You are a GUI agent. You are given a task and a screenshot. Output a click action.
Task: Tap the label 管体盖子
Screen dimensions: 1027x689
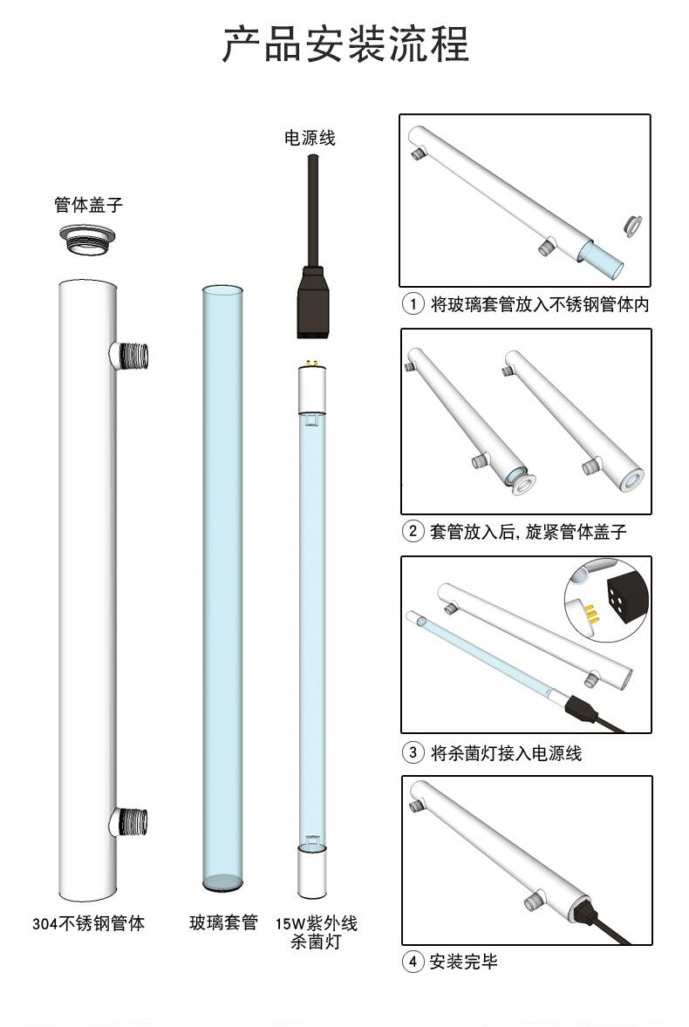(x=88, y=206)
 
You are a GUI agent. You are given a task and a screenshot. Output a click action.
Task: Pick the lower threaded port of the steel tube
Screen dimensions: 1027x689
(x=130, y=821)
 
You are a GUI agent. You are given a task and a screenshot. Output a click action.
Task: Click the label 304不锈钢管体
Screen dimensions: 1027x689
(x=88, y=923)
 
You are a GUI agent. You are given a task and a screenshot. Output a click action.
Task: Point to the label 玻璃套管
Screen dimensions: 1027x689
(x=224, y=923)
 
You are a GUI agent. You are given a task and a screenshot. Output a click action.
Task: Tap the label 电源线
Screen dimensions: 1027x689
(x=310, y=138)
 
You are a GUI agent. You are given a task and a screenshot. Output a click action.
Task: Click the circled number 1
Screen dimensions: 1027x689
(x=412, y=304)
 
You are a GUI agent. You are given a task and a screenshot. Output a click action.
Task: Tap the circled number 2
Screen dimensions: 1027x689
(x=412, y=531)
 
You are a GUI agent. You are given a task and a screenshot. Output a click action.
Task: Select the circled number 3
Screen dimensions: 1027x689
(x=412, y=753)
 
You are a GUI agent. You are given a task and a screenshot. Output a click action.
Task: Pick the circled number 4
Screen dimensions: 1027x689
(x=412, y=962)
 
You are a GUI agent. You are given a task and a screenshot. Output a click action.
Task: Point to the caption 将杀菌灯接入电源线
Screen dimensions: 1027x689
(x=506, y=753)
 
